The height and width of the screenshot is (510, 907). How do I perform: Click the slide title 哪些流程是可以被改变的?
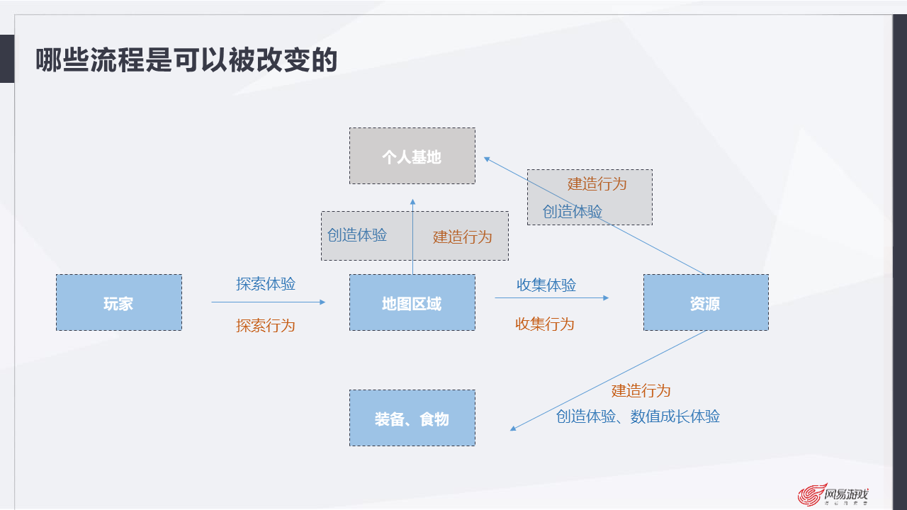[186, 61]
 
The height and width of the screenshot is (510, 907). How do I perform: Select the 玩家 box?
[118, 303]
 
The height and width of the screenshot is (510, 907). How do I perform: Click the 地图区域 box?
[412, 303]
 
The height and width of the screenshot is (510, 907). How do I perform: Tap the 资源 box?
[705, 303]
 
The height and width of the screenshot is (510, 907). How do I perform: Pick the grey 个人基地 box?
[412, 157]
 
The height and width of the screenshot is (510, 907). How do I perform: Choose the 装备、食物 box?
[412, 419]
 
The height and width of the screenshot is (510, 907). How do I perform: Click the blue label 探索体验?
[266, 284]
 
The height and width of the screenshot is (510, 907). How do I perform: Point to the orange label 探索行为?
[266, 326]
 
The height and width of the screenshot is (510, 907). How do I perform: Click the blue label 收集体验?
[546, 285]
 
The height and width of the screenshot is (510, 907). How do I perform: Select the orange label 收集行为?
[545, 324]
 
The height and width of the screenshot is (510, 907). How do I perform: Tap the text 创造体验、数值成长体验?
[638, 416]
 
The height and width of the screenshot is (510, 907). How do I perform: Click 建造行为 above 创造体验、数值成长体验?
[641, 391]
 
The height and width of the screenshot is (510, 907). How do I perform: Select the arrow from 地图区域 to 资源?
[551, 297]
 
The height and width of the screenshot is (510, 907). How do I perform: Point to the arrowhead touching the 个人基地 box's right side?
[488, 159]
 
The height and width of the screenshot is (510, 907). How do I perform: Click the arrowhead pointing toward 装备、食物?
[514, 429]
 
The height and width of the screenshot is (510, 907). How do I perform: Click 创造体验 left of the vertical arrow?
[357, 235]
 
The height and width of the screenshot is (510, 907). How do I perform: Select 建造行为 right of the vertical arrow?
[462, 237]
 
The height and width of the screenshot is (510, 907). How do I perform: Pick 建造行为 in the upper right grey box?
[597, 183]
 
